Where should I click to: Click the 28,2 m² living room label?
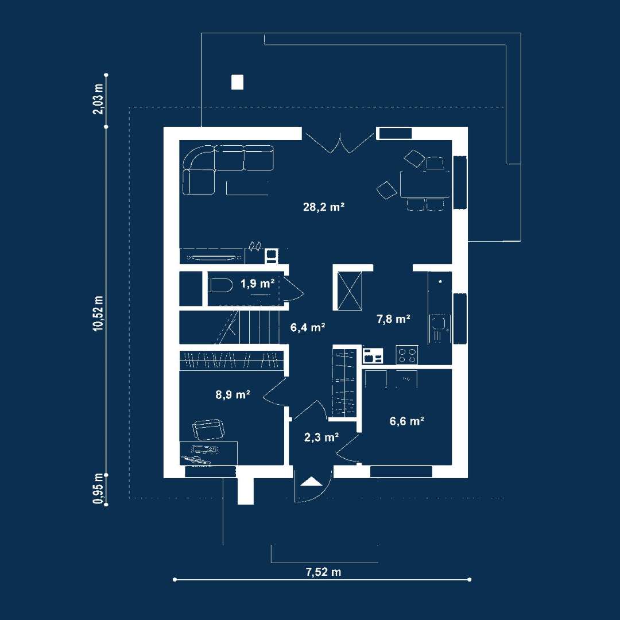pyautogui.click(x=324, y=207)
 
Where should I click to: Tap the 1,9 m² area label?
pyautogui.click(x=257, y=283)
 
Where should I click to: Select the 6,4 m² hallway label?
pyautogui.click(x=308, y=327)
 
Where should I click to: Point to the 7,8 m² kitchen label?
pyautogui.click(x=393, y=319)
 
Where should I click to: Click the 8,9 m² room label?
pyautogui.click(x=232, y=394)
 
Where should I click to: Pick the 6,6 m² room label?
pyautogui.click(x=407, y=421)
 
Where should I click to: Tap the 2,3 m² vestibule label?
pyautogui.click(x=321, y=437)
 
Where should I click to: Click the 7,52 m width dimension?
pyautogui.click(x=323, y=572)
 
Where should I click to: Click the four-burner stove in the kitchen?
pyautogui.click(x=407, y=355)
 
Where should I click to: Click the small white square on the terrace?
pyautogui.click(x=237, y=82)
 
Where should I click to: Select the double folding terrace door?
pyautogui.click(x=340, y=145)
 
